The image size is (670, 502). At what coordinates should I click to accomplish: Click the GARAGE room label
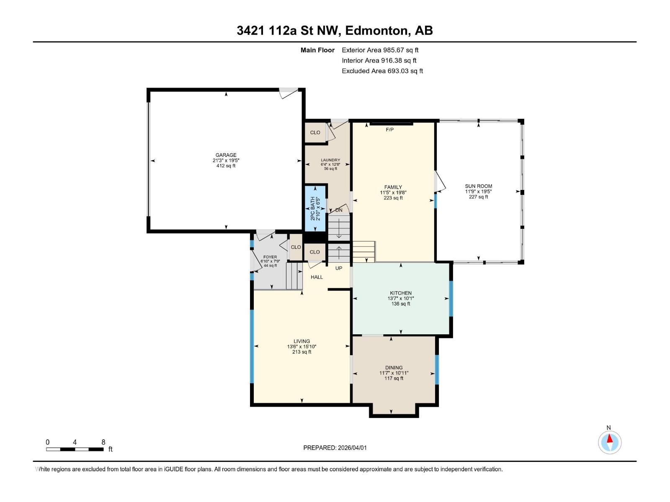226,155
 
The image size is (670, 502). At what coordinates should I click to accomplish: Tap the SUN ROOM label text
478,186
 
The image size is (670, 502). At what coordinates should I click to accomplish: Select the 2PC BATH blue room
315,208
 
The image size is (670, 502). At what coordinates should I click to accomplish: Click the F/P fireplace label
389,130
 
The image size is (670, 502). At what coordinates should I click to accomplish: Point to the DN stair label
339,210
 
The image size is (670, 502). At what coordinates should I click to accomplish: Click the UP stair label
339,268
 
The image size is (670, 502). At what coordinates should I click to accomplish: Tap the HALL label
317,277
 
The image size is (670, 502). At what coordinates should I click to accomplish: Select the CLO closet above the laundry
315,133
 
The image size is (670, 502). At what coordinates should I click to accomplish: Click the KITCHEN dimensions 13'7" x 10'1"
401,298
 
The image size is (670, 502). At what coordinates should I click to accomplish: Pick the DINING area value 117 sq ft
394,378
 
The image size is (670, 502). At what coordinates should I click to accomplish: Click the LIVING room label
301,341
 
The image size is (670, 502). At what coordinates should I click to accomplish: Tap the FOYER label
270,257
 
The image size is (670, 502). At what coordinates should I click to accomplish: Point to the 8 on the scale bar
103,442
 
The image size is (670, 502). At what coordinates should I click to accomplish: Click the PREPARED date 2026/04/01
351,448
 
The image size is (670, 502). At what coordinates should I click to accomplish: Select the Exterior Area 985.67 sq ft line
380,50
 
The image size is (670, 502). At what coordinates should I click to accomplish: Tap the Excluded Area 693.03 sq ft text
382,71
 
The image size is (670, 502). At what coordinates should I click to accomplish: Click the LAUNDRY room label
330,160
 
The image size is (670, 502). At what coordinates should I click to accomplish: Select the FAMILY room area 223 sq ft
393,198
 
